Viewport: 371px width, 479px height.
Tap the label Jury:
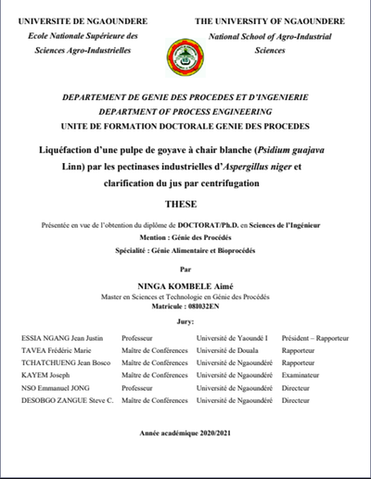(x=185, y=322)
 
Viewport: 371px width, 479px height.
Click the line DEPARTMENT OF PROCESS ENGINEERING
(x=185, y=110)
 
